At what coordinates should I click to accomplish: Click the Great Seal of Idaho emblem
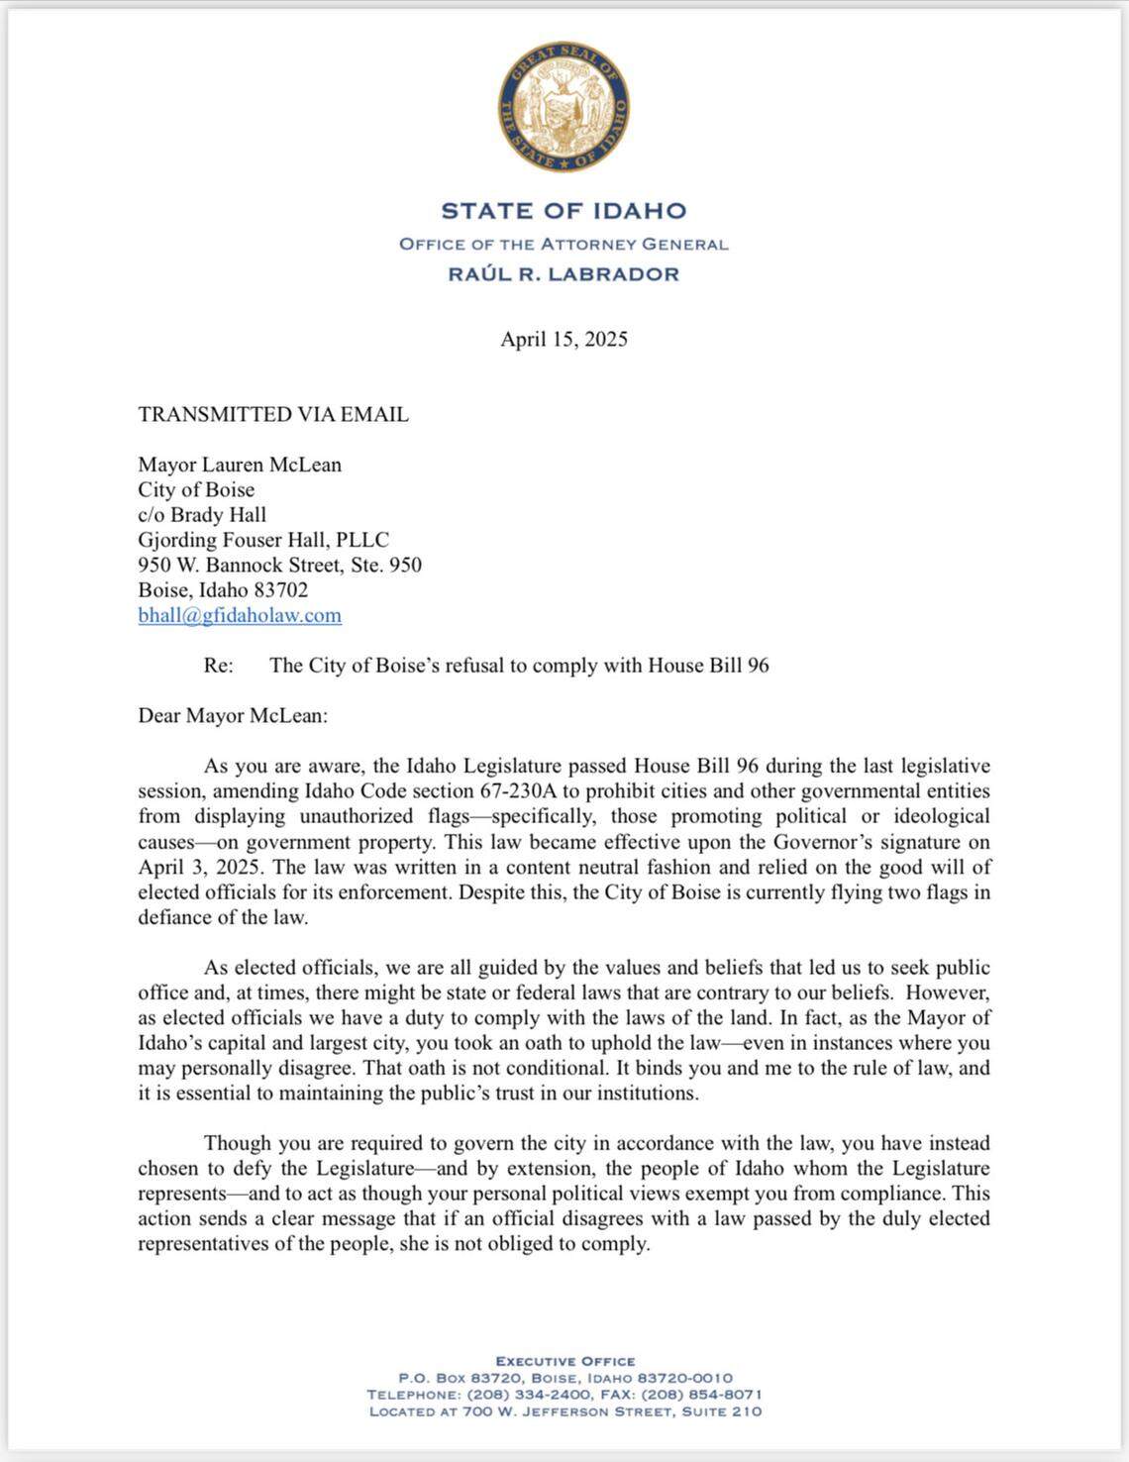[x=564, y=106]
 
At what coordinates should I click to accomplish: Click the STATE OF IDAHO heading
[x=564, y=211]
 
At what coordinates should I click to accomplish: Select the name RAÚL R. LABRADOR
[x=564, y=274]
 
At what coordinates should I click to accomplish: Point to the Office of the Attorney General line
[x=564, y=244]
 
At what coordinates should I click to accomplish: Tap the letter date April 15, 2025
[x=564, y=340]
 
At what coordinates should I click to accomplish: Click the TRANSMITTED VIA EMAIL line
[x=273, y=415]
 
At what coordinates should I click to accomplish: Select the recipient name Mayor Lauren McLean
[x=240, y=465]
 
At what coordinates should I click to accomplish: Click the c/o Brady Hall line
[x=202, y=515]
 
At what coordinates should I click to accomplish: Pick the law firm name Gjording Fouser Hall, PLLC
[x=263, y=540]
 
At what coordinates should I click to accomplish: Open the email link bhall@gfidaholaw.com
[x=240, y=615]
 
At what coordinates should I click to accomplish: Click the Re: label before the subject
[x=219, y=666]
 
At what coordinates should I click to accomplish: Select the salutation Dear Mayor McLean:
[x=233, y=715]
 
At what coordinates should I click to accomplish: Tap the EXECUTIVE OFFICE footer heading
[x=565, y=1361]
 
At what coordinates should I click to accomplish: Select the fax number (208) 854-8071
[x=702, y=1395]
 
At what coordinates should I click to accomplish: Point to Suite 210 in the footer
[x=721, y=1411]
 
